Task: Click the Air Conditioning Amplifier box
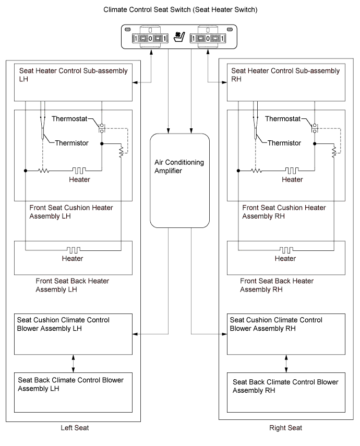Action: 180,180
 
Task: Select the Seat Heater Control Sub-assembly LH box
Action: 73,81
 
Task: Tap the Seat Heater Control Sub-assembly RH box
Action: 286,81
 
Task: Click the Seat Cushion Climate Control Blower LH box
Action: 73,333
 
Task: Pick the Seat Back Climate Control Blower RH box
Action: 286,391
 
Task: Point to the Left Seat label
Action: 75,428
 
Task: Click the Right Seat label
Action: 285,428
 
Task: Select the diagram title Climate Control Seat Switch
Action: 180,10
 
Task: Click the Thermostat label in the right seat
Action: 286,119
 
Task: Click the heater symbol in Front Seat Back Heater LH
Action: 73,250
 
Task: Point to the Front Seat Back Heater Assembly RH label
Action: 277,285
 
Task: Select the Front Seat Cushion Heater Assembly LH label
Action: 71,211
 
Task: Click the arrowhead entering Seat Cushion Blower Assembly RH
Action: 225,334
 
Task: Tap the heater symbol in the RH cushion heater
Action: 292,171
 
